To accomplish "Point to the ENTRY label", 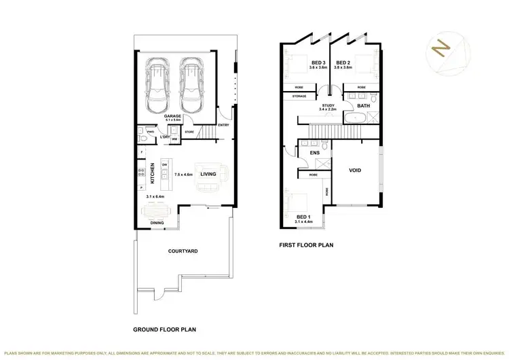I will click(x=224, y=125).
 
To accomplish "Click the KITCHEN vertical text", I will click(x=153, y=174).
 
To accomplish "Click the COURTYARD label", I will click(x=183, y=251).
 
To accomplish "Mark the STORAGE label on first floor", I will click(x=299, y=96).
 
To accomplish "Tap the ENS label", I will click(x=314, y=154).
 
